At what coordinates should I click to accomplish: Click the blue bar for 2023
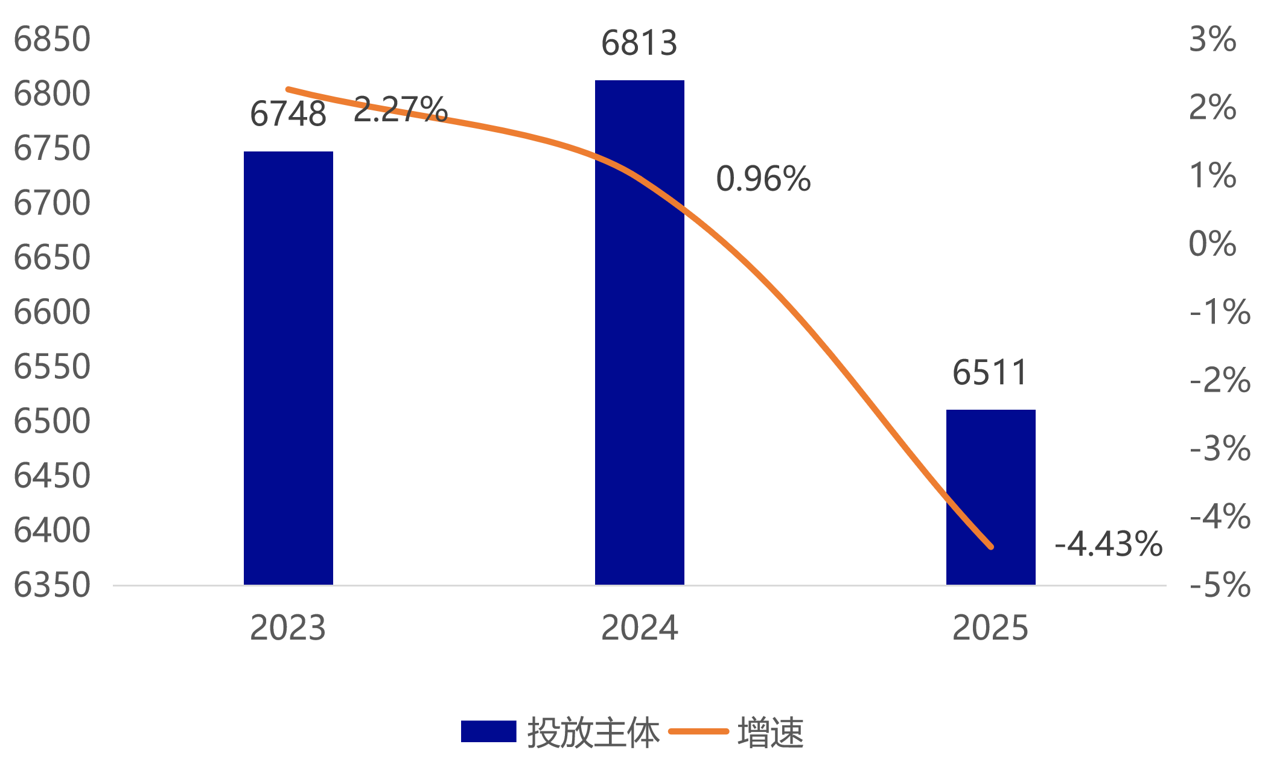coord(288,368)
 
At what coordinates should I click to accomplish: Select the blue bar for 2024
coord(639,332)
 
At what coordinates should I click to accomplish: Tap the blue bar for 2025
coord(990,497)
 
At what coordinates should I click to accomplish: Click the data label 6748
coord(288,114)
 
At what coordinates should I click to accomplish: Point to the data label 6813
coord(639,43)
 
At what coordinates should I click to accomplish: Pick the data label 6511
coord(990,372)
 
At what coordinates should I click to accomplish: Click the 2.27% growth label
coord(400,109)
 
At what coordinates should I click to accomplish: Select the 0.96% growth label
coord(763,179)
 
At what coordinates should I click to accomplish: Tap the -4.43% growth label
coord(1108,544)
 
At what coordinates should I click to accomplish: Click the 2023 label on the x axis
coord(288,628)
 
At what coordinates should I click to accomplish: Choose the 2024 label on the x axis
coord(639,628)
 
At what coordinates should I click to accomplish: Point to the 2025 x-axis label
coord(990,628)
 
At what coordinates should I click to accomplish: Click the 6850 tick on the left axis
coord(52,39)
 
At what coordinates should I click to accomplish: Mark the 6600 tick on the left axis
coord(52,312)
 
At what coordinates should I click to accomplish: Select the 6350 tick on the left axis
coord(52,585)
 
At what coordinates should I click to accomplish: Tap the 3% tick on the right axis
coord(1212,39)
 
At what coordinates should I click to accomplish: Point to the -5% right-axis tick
coord(1220,585)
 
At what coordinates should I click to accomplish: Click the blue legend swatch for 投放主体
coord(488,732)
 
